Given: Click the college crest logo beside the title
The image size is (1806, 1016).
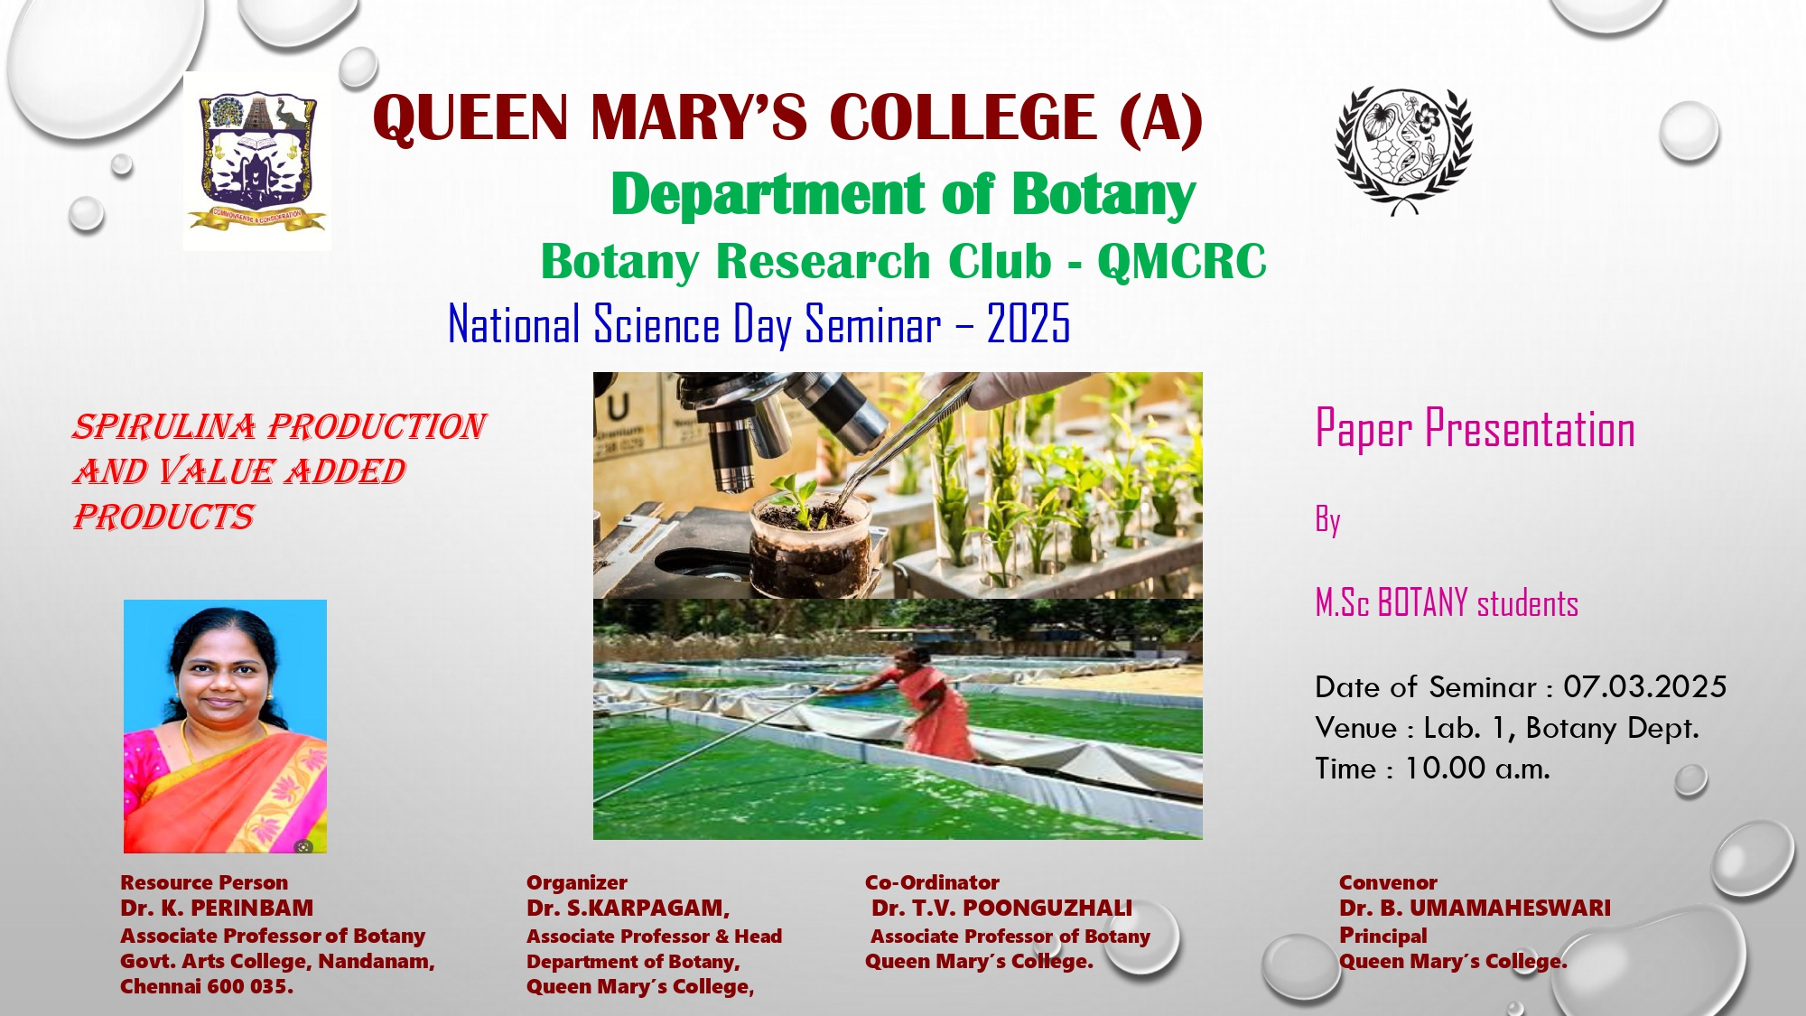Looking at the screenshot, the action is [257, 161].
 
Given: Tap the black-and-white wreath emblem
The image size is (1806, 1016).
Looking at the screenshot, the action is [1404, 151].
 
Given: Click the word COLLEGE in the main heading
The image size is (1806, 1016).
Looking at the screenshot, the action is [963, 117].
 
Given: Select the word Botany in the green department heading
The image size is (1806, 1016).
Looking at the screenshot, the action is [1103, 195].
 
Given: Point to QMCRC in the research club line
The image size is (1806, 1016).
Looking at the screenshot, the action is [1182, 262].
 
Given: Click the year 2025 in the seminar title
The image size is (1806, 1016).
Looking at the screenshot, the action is [1029, 323].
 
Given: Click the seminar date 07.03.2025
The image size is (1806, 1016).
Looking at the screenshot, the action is [1644, 686].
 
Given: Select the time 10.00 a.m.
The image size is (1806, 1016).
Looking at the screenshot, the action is [1477, 769].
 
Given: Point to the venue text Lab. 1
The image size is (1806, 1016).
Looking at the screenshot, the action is [1465, 728].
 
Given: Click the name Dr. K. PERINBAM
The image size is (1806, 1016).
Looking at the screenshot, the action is [217, 908].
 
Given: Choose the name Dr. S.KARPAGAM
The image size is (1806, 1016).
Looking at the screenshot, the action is [628, 908].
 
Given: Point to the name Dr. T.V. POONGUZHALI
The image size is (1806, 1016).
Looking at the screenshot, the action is [1001, 908].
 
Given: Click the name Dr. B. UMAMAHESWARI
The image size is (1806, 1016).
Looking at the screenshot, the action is [1475, 908].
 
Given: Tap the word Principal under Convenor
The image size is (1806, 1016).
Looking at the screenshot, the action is [1383, 936].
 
